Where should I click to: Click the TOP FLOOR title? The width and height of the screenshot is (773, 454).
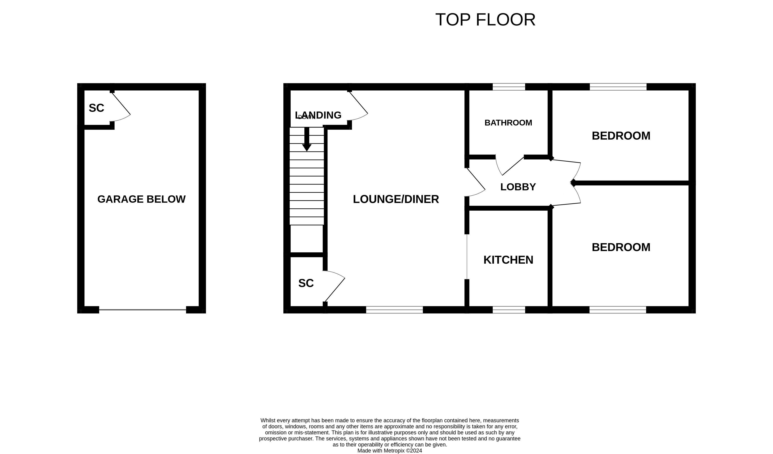[x=485, y=20]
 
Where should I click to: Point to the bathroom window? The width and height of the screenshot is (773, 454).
[x=509, y=87]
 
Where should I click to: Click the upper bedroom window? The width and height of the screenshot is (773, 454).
[x=618, y=87]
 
